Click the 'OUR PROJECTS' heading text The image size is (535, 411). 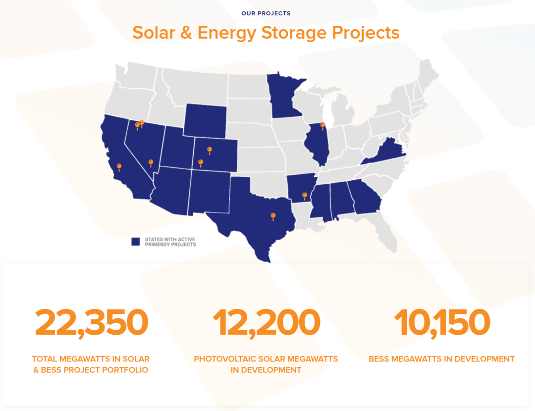point(266,13)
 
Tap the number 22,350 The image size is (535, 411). point(91,322)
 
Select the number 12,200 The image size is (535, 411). point(266,322)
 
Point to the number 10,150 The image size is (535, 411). point(441,322)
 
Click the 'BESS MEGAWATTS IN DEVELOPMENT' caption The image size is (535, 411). point(441,359)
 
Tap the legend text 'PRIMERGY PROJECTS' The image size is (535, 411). point(170,244)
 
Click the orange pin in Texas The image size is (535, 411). point(273,216)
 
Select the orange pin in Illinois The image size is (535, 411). point(323,126)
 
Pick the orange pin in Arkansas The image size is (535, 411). point(305,196)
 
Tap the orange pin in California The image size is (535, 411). point(119,167)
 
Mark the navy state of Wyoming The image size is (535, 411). point(205,121)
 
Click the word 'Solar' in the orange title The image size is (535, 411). point(153,33)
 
